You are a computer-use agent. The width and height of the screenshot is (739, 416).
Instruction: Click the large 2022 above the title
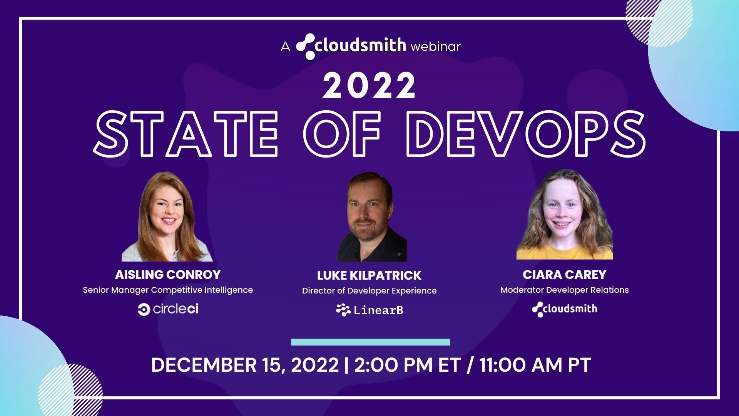[x=369, y=86]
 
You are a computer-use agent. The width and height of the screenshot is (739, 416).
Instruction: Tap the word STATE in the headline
[x=186, y=134]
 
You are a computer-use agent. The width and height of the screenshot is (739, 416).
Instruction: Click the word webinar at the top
[x=435, y=47]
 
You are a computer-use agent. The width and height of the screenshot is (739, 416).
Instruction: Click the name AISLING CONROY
[x=168, y=275]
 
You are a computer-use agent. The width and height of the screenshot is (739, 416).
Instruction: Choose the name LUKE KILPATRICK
[x=369, y=275]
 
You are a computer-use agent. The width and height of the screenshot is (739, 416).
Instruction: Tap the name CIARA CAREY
[x=564, y=275]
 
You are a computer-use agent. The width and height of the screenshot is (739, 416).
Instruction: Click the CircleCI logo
[x=168, y=309]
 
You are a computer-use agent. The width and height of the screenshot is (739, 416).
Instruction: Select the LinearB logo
[x=369, y=310]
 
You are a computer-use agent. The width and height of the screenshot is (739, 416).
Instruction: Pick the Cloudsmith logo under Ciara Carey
[x=564, y=309]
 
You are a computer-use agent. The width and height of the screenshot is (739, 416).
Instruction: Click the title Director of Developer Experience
[x=369, y=291]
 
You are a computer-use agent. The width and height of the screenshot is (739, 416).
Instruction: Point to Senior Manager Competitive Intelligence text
[x=168, y=290]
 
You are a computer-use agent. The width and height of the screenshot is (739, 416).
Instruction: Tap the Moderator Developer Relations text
[x=564, y=290]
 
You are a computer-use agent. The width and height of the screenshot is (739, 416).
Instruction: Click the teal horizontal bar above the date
[x=370, y=342]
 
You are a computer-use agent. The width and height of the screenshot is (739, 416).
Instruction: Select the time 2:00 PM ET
[x=407, y=365]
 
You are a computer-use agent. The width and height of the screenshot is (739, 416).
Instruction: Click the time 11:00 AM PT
[x=535, y=365]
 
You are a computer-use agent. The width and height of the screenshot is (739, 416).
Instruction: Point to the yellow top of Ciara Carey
[x=564, y=252]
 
